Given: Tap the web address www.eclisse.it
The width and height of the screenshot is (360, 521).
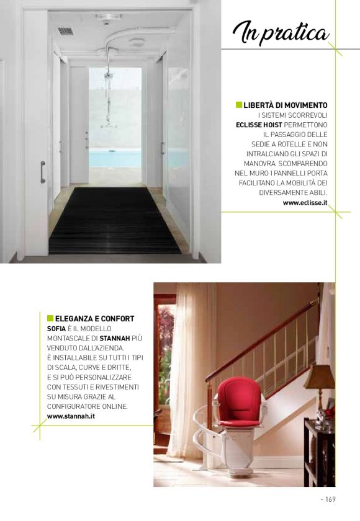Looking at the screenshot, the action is point(305,202).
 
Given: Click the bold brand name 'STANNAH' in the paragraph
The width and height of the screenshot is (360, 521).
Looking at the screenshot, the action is point(114,338).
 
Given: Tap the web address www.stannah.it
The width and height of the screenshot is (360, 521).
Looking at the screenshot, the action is point(71,416).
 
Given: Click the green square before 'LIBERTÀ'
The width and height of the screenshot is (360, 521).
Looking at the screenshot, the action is point(239,105).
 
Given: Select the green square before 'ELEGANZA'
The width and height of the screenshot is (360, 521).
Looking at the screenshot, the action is point(50,319).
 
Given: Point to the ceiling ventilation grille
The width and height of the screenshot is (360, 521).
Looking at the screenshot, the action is point(65,31).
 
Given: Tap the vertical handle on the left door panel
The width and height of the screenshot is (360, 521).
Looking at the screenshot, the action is point(42,172).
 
